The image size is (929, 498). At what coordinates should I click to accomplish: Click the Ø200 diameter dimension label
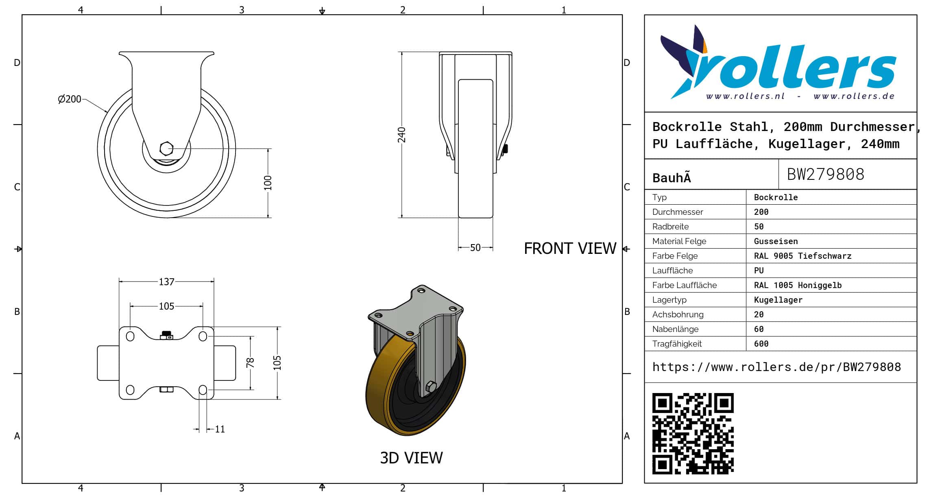(70, 99)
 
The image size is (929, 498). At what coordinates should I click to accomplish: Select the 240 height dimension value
(401, 135)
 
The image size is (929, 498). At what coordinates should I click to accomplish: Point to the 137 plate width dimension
(166, 282)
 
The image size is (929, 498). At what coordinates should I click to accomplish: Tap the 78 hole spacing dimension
(250, 363)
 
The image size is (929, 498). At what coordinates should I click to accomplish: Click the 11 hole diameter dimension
(220, 429)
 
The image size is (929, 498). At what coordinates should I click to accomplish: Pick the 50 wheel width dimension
(475, 247)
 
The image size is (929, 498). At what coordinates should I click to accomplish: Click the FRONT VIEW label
(570, 248)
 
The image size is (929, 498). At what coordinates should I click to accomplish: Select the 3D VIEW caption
(411, 458)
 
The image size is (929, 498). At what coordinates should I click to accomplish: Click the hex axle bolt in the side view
(166, 149)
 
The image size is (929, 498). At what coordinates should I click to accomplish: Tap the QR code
(693, 433)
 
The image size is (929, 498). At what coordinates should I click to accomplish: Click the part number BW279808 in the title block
(825, 174)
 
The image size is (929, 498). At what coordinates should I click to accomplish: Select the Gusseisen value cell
(776, 241)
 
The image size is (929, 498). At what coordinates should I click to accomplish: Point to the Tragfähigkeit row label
(677, 344)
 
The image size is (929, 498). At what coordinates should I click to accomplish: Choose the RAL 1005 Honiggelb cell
(798, 285)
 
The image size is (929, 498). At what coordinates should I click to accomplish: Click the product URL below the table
(776, 367)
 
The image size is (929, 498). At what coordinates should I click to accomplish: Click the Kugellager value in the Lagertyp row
(778, 300)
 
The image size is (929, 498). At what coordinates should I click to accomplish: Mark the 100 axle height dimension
(268, 183)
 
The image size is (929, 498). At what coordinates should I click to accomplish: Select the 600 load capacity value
(761, 344)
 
